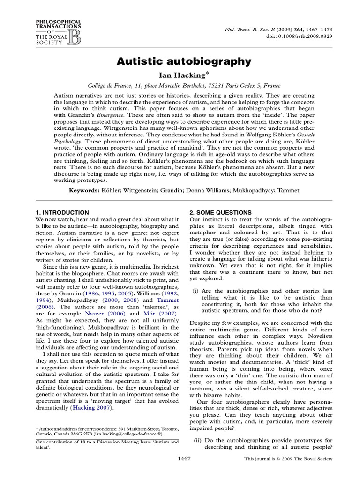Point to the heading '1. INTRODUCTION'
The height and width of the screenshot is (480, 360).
coord(62,212)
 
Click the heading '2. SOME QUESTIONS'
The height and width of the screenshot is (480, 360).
coord(220,212)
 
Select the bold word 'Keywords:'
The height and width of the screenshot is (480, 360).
coord(84,191)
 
